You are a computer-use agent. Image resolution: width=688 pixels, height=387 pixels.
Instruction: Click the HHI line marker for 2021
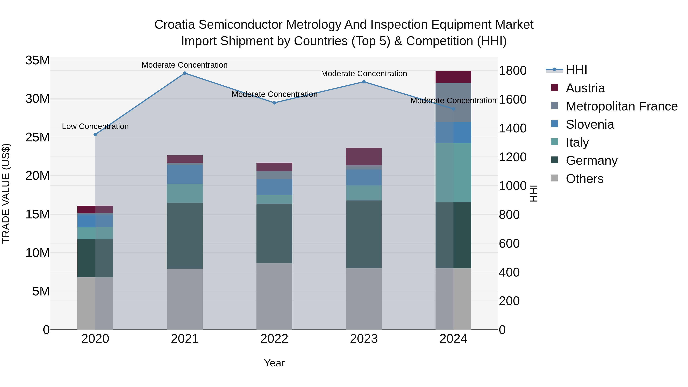coord(185,73)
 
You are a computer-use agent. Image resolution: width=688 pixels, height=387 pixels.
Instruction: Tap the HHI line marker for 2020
coord(95,135)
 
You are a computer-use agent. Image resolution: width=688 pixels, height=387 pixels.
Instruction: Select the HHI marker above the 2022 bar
coord(274,103)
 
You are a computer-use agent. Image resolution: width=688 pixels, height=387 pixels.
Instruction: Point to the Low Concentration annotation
coord(95,126)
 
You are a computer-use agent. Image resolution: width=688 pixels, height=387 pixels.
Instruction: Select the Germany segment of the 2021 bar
coord(185,236)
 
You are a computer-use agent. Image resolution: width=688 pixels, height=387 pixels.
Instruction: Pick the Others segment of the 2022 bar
coord(274,296)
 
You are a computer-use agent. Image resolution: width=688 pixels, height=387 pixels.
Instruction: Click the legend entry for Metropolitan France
coord(621,106)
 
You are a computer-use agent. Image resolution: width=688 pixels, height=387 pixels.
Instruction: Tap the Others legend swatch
coord(554,178)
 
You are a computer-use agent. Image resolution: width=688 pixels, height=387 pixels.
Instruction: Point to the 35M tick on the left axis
coord(37,60)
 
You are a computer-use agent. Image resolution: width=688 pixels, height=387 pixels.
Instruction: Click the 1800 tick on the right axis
coord(512,71)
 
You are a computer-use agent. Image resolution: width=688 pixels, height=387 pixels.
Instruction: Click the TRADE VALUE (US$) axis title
coord(6,193)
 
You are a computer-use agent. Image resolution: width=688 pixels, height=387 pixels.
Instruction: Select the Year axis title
coord(274,363)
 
